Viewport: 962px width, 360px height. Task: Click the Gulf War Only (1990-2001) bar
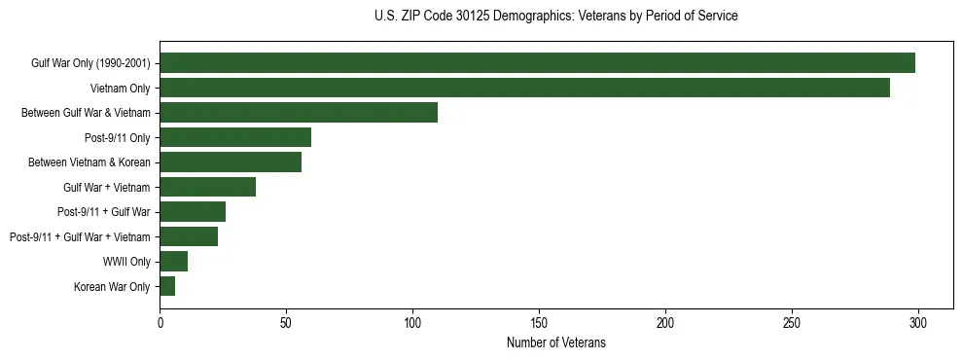(537, 63)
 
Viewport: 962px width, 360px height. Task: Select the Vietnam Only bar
(524, 88)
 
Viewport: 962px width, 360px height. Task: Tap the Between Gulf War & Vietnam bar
(299, 113)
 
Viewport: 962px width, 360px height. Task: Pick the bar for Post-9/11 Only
(235, 137)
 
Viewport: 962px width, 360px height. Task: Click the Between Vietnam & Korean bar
(231, 162)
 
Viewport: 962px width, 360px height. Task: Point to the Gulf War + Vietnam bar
(207, 187)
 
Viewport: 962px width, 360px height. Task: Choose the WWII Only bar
(173, 262)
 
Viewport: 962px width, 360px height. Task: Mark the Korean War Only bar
(167, 286)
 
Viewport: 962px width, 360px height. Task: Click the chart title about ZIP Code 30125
(555, 17)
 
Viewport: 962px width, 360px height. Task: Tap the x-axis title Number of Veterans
(555, 342)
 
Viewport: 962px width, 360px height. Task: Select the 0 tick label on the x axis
(160, 322)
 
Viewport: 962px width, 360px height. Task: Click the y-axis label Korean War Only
(112, 287)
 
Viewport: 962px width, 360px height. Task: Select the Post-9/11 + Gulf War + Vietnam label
(80, 237)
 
